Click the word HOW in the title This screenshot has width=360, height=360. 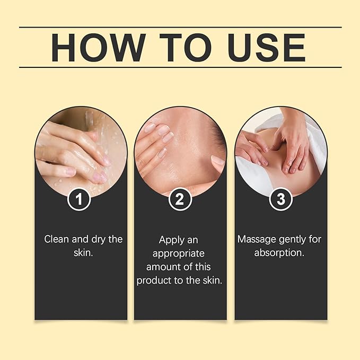pos(99,48)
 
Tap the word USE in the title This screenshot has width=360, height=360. pos(267,48)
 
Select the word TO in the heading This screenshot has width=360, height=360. pos(185,48)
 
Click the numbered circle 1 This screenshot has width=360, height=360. pos(79,199)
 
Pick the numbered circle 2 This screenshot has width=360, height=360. pos(180,199)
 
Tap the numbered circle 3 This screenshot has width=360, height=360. pos(280,199)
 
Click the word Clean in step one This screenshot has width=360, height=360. pos(57,239)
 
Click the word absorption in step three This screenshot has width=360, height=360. pos(279,253)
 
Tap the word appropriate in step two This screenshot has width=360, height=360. pos(178,254)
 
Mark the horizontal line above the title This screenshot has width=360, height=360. pos(180,27)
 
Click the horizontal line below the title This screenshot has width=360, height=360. pos(180,67)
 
